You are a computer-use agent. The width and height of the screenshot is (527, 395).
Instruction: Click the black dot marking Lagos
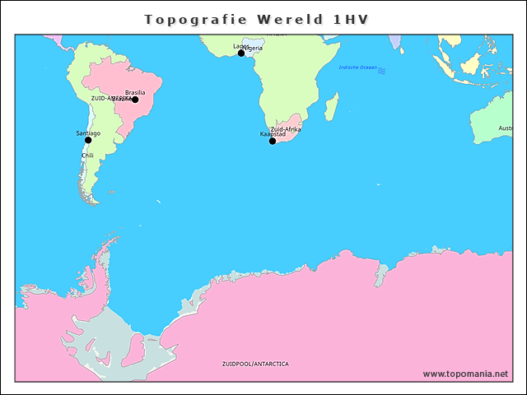[241, 53]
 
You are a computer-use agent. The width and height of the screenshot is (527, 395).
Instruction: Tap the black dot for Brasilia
[135, 100]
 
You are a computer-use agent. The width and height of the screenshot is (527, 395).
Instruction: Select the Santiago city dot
[88, 140]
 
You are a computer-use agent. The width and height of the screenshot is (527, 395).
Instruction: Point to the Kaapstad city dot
[273, 141]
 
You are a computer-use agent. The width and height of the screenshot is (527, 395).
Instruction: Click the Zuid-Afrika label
[286, 129]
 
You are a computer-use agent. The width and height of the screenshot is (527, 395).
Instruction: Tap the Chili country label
[87, 156]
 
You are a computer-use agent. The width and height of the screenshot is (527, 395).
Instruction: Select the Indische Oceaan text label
[357, 67]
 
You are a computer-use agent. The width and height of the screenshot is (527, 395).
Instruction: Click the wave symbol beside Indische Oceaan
[381, 72]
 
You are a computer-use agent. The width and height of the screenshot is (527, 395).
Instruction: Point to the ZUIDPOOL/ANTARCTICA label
[255, 363]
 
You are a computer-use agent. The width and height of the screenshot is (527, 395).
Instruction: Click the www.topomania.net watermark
[465, 374]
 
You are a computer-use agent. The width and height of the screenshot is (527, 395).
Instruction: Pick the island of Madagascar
[331, 106]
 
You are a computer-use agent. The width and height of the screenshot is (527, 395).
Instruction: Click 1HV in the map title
[352, 18]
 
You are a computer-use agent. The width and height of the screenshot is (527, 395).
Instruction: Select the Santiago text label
[88, 132]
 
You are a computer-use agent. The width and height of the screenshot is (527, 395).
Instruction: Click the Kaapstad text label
[273, 133]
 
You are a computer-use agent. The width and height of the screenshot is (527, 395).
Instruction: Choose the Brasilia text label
[135, 92]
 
